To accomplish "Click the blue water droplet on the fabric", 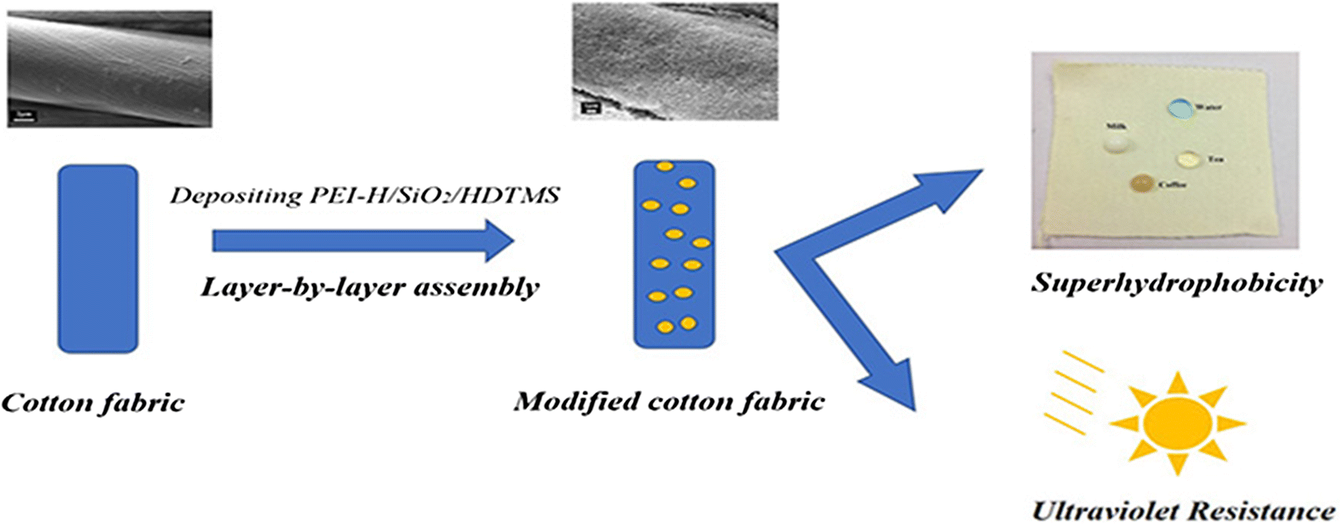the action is point(1179,108).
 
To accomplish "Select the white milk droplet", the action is point(1117,144).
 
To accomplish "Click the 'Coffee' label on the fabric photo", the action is point(1172,185).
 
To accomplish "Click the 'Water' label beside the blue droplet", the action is point(1208,108).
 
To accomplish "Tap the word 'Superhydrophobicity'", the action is point(1177,282).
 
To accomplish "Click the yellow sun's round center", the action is point(1177,423).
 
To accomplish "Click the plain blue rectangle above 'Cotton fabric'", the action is point(98,259).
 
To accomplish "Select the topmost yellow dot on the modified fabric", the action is point(665,167).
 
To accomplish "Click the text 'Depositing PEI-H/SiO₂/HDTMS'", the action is point(364,196).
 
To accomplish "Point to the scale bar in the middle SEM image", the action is point(590,109).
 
